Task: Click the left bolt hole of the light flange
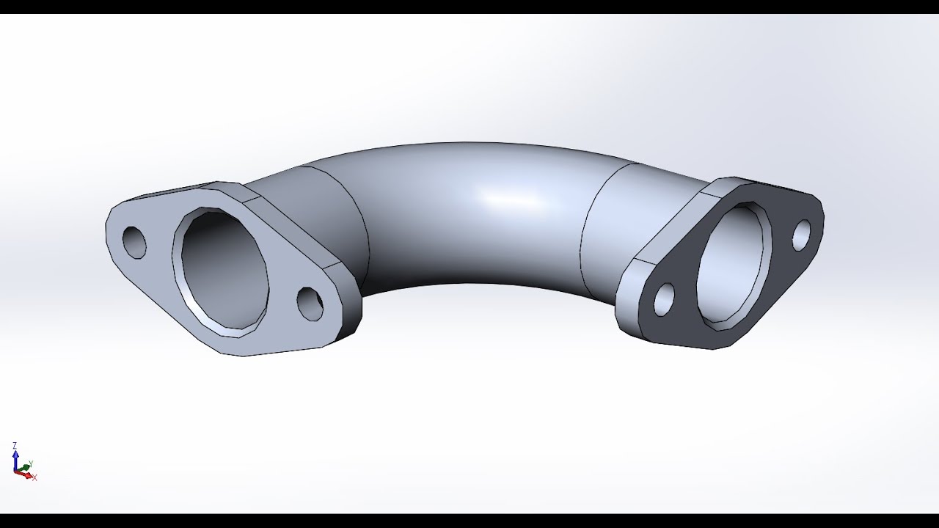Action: click(134, 242)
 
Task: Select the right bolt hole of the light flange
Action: click(310, 304)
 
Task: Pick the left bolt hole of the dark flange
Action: click(664, 300)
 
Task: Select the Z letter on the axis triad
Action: click(15, 445)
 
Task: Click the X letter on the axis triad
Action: click(34, 478)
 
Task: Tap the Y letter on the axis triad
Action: click(30, 463)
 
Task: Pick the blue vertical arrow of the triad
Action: click(15, 460)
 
